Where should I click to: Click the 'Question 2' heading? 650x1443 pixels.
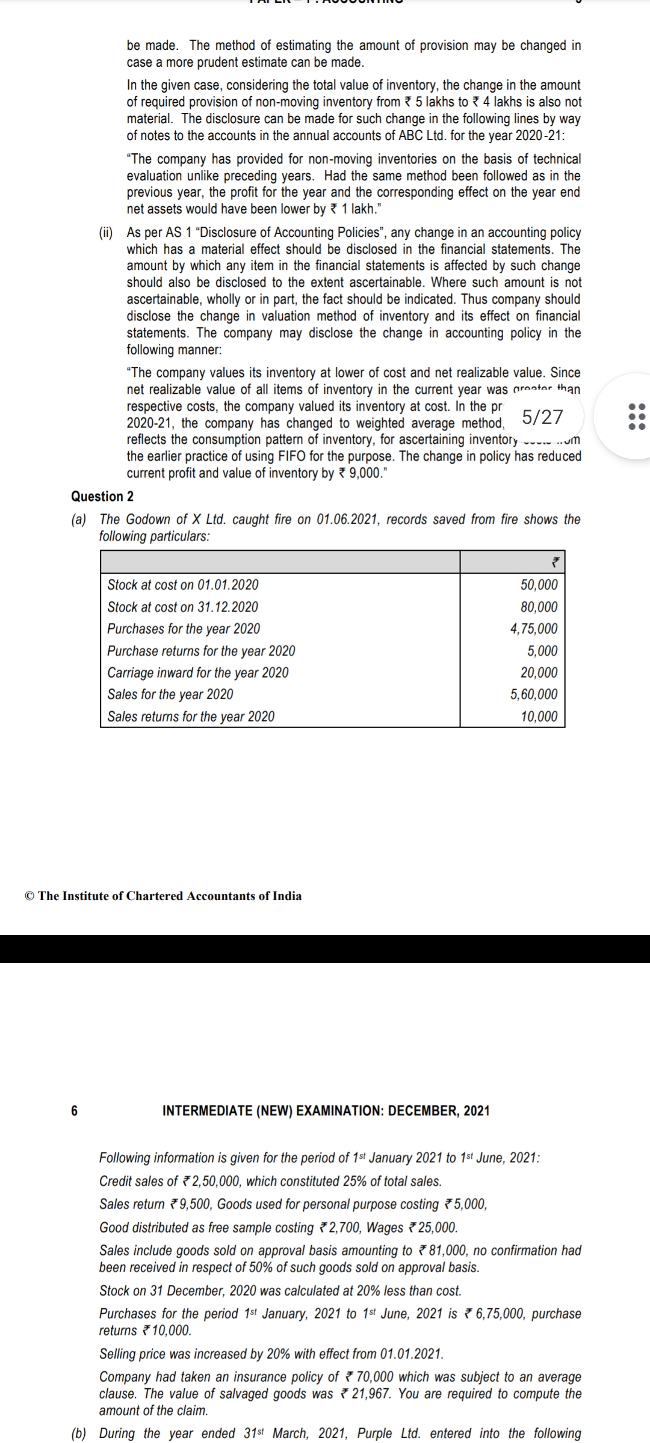(102, 496)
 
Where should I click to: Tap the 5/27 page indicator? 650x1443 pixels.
(542, 417)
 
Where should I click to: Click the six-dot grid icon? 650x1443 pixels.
(636, 417)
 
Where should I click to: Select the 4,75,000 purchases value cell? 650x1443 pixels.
(533, 629)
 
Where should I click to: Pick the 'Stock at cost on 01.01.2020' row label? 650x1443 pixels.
(183, 584)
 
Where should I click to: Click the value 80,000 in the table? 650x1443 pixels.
(539, 607)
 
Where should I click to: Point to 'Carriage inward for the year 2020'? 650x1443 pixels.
(197, 672)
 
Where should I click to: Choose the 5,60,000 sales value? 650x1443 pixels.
(533, 694)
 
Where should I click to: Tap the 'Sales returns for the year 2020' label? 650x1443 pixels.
(191, 716)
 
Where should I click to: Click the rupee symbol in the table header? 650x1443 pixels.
(556, 563)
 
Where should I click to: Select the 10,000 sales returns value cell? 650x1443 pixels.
(539, 716)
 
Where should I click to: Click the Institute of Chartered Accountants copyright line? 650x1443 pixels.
(163, 896)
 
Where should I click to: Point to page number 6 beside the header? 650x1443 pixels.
(74, 1111)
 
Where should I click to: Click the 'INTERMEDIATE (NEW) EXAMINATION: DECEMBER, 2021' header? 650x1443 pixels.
(326, 1111)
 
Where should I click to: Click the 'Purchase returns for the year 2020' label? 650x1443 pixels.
(201, 651)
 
